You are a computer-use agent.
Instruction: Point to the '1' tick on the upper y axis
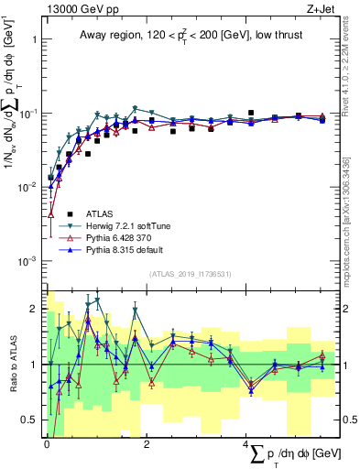(34, 39)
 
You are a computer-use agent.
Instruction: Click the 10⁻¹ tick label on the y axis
(28, 113)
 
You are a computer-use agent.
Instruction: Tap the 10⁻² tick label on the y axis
(28, 187)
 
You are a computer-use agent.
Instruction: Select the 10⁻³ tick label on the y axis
(28, 261)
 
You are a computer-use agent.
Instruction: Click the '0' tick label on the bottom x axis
(46, 444)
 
